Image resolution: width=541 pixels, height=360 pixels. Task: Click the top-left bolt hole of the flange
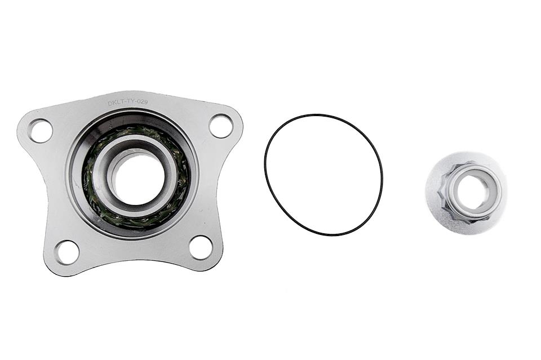pos(41,131)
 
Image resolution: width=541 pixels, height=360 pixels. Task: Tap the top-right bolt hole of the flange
pos(221,126)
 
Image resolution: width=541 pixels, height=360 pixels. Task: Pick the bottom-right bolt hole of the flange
pos(201,247)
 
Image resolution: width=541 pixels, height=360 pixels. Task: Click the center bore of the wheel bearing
pos(135,175)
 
